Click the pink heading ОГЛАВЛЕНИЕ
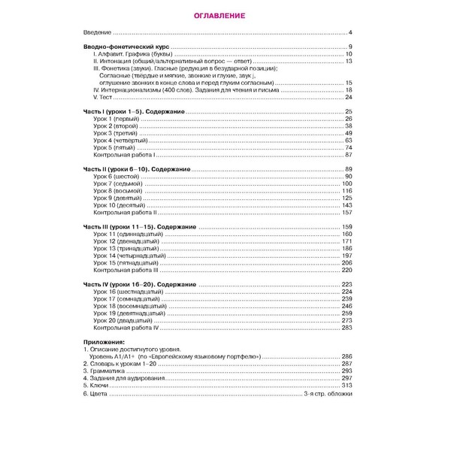point(225,16)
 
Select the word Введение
point(97,34)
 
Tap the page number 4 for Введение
point(350,34)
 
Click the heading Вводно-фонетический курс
point(126,48)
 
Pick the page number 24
point(348,97)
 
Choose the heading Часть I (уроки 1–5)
point(136,111)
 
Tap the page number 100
point(347,183)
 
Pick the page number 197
point(347,256)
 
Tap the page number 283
point(347,328)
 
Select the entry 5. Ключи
point(95,385)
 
